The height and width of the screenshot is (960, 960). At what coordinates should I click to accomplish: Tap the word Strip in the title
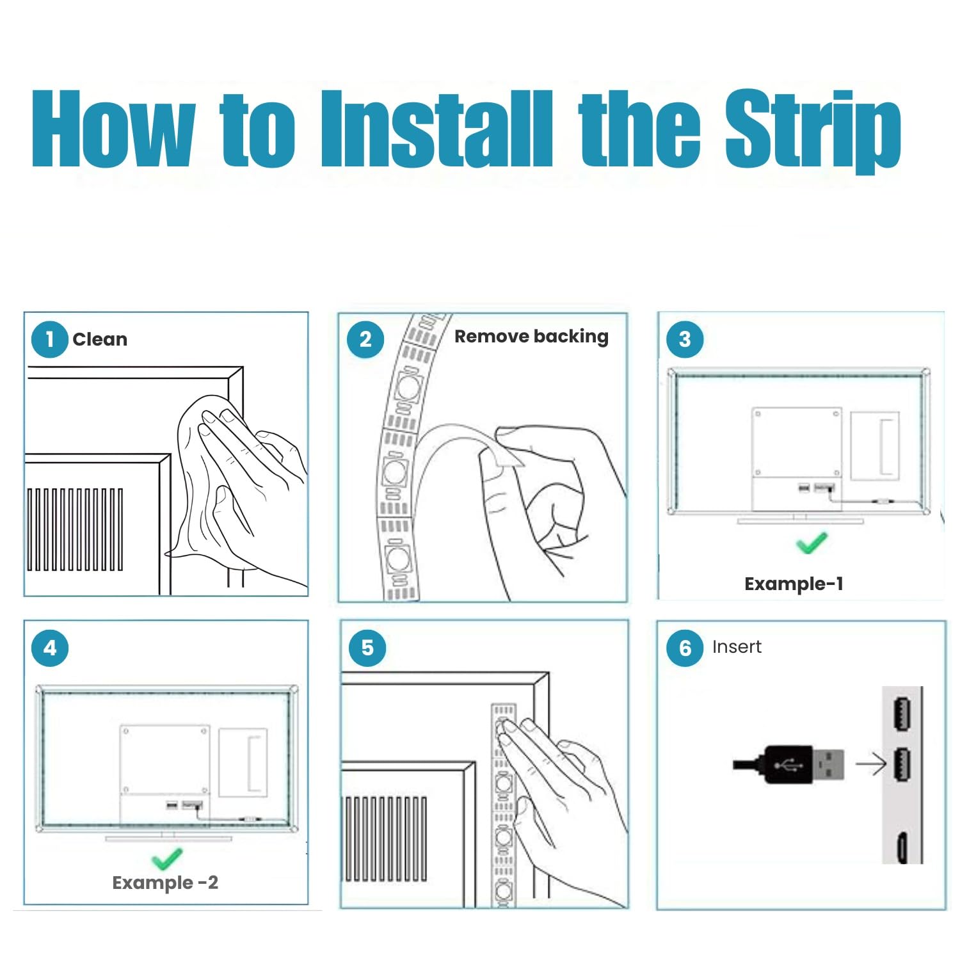(813, 131)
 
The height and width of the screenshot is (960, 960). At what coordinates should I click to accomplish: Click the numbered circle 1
(50, 339)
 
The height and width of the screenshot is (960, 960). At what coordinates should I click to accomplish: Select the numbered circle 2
(365, 339)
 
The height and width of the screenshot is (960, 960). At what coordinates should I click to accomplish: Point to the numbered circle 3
(685, 339)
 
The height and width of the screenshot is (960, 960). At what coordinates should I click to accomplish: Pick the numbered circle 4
(50, 648)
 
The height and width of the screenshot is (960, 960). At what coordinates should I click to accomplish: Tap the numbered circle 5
(367, 648)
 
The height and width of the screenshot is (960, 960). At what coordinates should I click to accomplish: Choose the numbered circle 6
(685, 648)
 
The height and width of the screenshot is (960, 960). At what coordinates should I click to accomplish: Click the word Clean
(100, 339)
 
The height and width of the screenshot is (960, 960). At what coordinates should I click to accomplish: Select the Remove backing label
(531, 337)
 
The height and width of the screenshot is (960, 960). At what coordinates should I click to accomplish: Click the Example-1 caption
(794, 584)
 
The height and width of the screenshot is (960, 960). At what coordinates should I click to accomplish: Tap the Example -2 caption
(165, 883)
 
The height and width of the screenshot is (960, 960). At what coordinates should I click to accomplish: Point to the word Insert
(737, 647)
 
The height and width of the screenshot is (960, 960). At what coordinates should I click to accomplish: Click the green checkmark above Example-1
(812, 543)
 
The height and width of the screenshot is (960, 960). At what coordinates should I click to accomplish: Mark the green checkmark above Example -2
(167, 859)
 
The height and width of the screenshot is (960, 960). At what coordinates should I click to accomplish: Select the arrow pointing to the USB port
(870, 764)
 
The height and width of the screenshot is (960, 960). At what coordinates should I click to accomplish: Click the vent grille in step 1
(75, 529)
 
